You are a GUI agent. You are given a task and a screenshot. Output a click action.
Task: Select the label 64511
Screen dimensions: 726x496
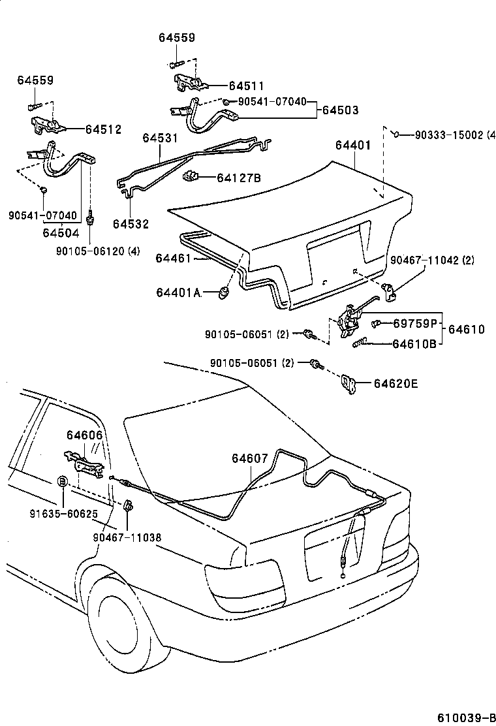tap(247, 86)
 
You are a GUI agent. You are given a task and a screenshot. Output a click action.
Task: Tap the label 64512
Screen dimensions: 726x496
tap(103, 130)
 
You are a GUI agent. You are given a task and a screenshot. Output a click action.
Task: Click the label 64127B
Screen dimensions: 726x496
tap(239, 177)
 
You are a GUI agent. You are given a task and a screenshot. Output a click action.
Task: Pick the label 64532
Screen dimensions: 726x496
tap(131, 224)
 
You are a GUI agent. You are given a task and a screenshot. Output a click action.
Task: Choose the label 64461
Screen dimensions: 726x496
tap(173, 259)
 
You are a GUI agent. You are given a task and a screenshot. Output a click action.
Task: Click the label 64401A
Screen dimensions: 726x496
tap(178, 292)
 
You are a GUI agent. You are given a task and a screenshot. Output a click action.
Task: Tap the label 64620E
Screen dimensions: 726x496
tap(395, 384)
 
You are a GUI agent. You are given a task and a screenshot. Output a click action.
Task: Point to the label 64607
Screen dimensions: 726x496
tap(249, 458)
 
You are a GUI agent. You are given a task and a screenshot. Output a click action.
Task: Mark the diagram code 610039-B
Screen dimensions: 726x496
tap(466, 718)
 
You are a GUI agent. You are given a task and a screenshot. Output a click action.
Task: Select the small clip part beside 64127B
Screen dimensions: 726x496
tap(191, 176)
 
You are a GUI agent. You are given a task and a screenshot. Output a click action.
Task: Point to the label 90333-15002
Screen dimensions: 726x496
tap(450, 135)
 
